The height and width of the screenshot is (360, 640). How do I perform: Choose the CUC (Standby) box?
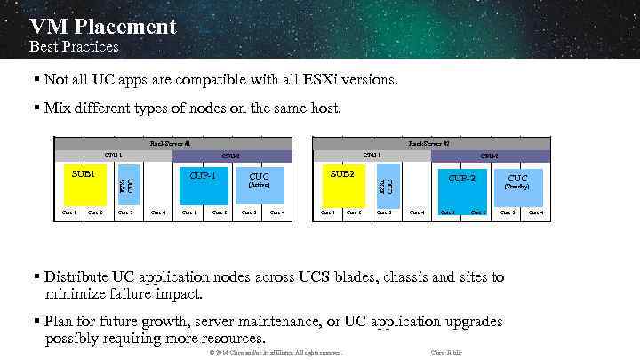(517, 181)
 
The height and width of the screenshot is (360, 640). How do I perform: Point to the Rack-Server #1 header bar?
(170, 142)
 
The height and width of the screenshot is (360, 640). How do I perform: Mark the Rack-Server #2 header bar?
(428, 142)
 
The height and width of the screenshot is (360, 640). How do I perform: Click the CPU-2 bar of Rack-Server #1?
(231, 156)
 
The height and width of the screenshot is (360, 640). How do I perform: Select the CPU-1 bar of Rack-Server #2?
(372, 156)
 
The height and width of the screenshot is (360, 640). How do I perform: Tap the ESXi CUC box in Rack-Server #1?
(127, 185)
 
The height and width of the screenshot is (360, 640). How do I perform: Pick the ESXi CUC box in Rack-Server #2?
(386, 185)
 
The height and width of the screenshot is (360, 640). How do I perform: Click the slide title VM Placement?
(102, 27)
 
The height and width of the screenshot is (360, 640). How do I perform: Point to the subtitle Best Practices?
(74, 46)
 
